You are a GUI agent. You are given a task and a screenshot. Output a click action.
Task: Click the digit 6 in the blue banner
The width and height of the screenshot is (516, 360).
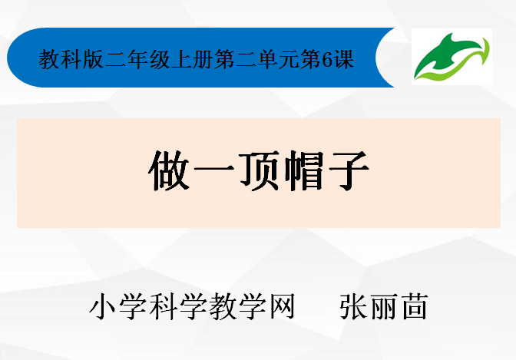[x=327, y=60]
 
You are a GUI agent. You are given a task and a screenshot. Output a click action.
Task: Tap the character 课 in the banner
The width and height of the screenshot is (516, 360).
[x=344, y=60]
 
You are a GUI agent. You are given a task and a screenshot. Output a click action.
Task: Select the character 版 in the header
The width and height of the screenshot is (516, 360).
[x=93, y=60]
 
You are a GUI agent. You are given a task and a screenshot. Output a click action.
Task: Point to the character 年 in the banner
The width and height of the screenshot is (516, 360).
[x=137, y=60]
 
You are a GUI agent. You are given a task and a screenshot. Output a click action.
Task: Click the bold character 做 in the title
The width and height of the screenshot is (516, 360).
[x=169, y=170]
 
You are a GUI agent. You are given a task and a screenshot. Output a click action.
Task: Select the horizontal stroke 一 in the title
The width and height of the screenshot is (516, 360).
[x=214, y=169]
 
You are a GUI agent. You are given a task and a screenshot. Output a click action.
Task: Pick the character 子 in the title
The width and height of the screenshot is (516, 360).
[x=349, y=170]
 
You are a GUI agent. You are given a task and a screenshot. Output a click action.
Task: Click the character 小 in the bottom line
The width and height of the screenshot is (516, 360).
[x=103, y=306]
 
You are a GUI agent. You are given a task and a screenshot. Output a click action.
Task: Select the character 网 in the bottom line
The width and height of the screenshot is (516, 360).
[x=282, y=306]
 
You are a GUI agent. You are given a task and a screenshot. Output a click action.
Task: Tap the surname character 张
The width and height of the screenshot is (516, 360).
[x=352, y=306]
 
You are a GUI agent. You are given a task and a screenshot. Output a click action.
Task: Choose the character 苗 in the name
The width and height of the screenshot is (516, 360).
[x=415, y=306]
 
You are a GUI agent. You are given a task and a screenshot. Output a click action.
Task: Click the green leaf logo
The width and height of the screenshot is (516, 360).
[x=451, y=57]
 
